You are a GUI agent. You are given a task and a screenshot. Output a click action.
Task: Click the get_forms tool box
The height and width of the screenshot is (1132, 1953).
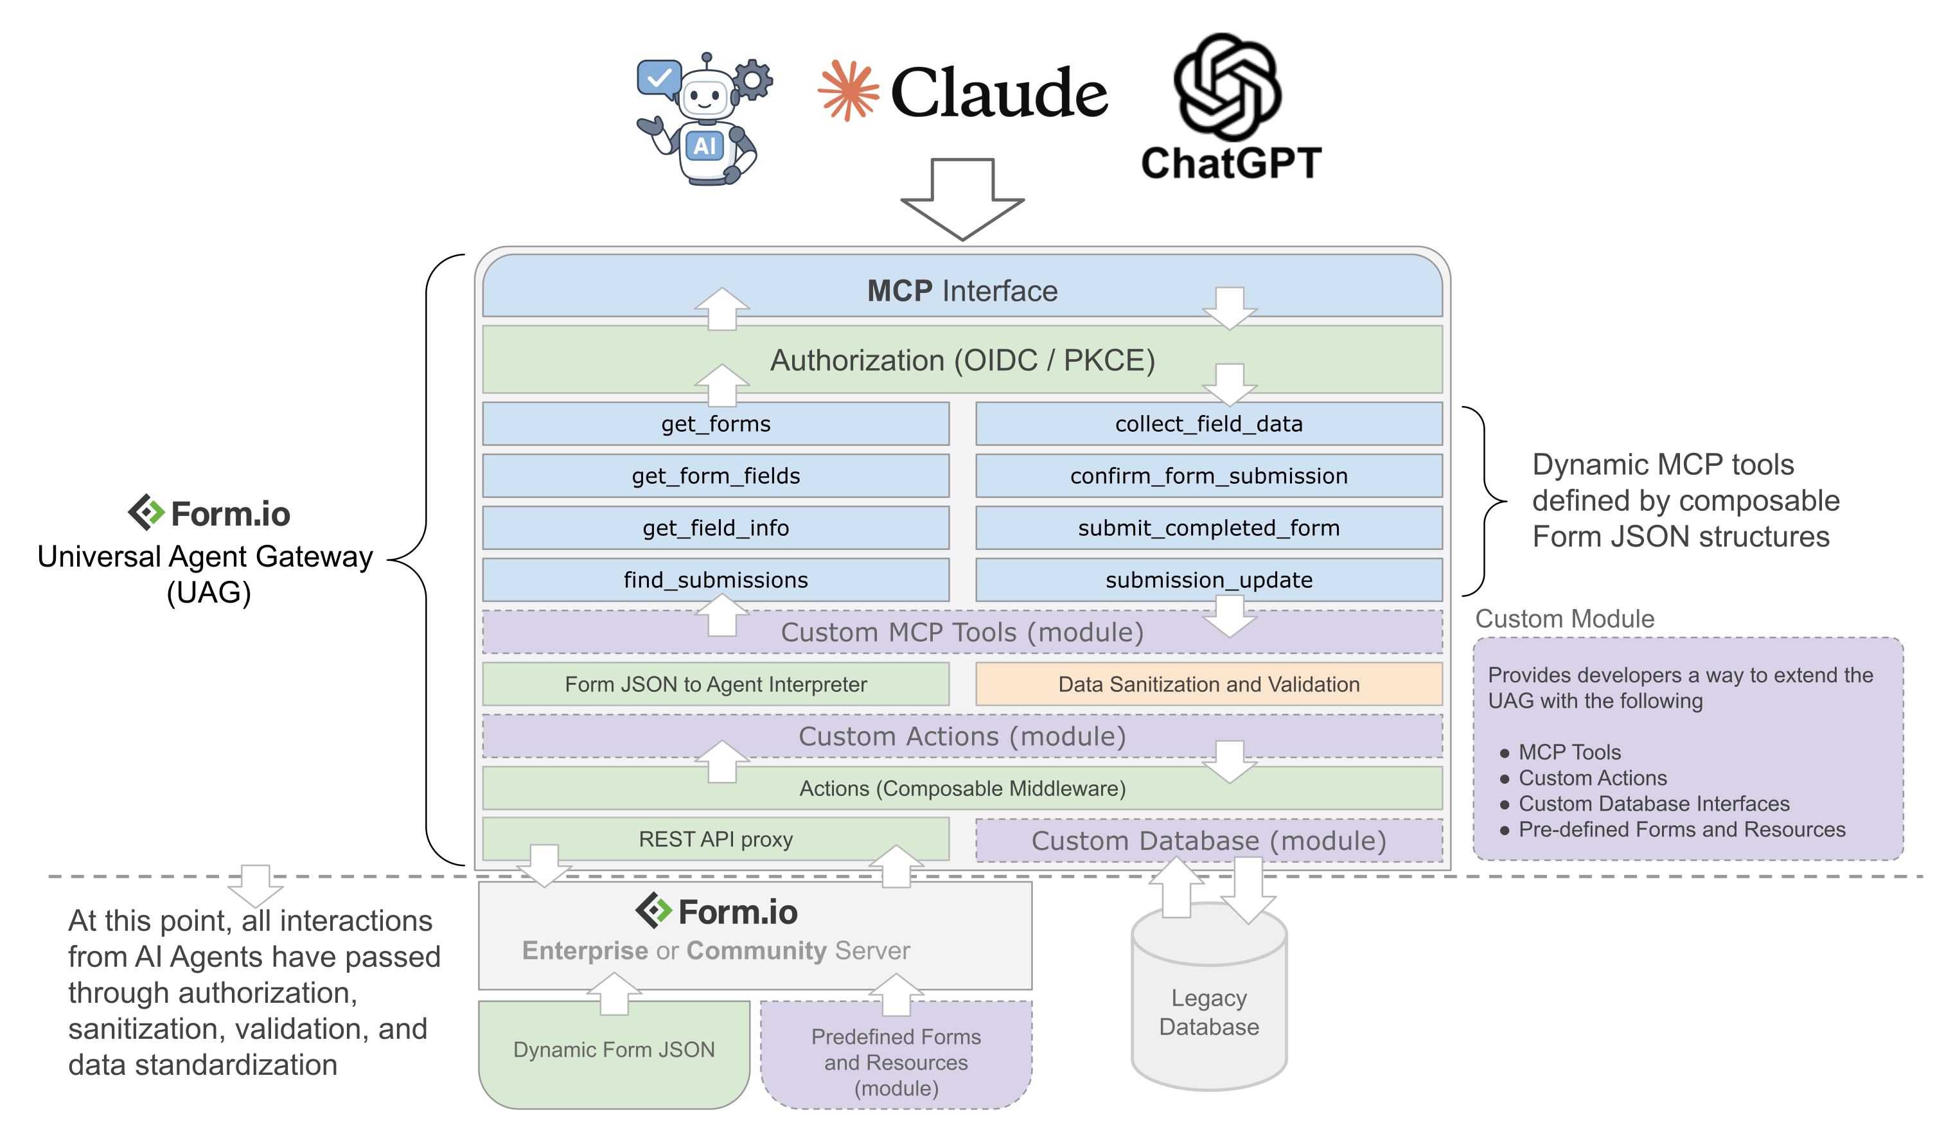click(x=715, y=423)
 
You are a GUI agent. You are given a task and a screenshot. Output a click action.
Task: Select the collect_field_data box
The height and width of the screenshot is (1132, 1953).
click(x=1208, y=423)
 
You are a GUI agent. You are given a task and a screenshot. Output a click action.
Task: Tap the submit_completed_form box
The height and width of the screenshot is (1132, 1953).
click(x=1208, y=527)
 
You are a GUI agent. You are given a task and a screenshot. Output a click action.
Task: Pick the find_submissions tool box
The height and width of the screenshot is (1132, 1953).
click(x=715, y=579)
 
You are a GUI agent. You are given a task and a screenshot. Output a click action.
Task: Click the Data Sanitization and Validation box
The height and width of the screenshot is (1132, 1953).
click(x=1208, y=684)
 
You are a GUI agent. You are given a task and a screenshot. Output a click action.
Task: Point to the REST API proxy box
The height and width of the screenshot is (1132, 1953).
click(x=715, y=839)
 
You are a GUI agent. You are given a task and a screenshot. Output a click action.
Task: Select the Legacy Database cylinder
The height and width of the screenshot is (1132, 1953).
click(x=1209, y=1000)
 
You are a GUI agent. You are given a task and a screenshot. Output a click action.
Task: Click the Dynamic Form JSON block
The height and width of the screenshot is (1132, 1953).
click(x=614, y=1054)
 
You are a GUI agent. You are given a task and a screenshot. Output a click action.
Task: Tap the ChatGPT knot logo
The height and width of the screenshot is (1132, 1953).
click(x=1227, y=87)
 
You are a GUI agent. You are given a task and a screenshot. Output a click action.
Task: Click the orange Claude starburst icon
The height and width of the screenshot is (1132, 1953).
click(x=849, y=91)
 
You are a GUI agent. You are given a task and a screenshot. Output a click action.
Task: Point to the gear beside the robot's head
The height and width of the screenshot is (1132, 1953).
click(x=752, y=79)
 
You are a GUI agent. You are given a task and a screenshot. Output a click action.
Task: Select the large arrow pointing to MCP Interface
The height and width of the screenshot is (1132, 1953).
click(x=962, y=199)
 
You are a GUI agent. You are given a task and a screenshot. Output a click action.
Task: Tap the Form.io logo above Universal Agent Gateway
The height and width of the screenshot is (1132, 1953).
click(x=209, y=513)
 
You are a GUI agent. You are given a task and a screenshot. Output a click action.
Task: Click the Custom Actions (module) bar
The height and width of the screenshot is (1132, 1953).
click(x=962, y=736)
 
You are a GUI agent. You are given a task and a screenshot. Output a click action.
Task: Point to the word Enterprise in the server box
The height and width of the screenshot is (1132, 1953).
click(x=585, y=951)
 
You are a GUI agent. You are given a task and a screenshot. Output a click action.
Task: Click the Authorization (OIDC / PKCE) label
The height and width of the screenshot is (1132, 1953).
click(x=962, y=360)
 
